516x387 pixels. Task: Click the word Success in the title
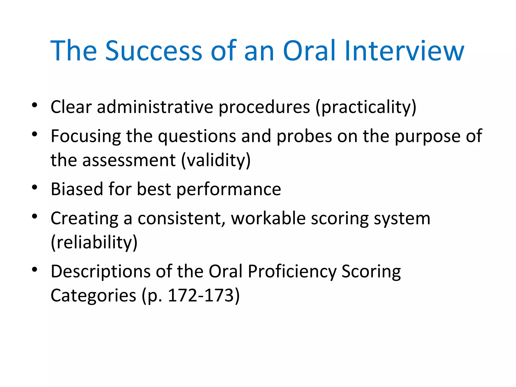[154, 51]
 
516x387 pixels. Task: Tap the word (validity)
[216, 160]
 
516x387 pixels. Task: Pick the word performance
[229, 189]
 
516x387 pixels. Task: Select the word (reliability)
[94, 242]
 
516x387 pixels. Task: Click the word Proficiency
[292, 272]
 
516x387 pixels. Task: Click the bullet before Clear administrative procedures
[35, 105]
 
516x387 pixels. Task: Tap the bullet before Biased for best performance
[35, 187]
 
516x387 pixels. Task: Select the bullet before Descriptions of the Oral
[35, 270]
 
